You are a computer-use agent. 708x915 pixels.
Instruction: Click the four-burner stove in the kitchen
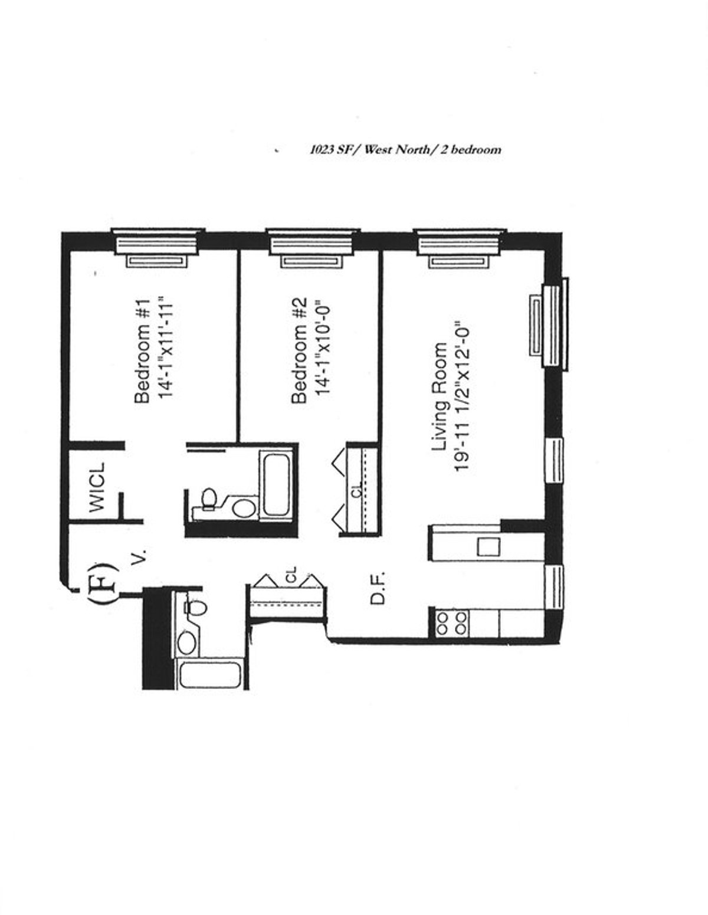pyautogui.click(x=451, y=624)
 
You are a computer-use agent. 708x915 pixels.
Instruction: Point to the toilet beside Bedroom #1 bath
pyautogui.click(x=208, y=499)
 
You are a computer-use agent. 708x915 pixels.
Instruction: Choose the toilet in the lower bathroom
pyautogui.click(x=195, y=608)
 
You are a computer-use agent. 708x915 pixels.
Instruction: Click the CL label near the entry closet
pyautogui.click(x=291, y=575)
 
